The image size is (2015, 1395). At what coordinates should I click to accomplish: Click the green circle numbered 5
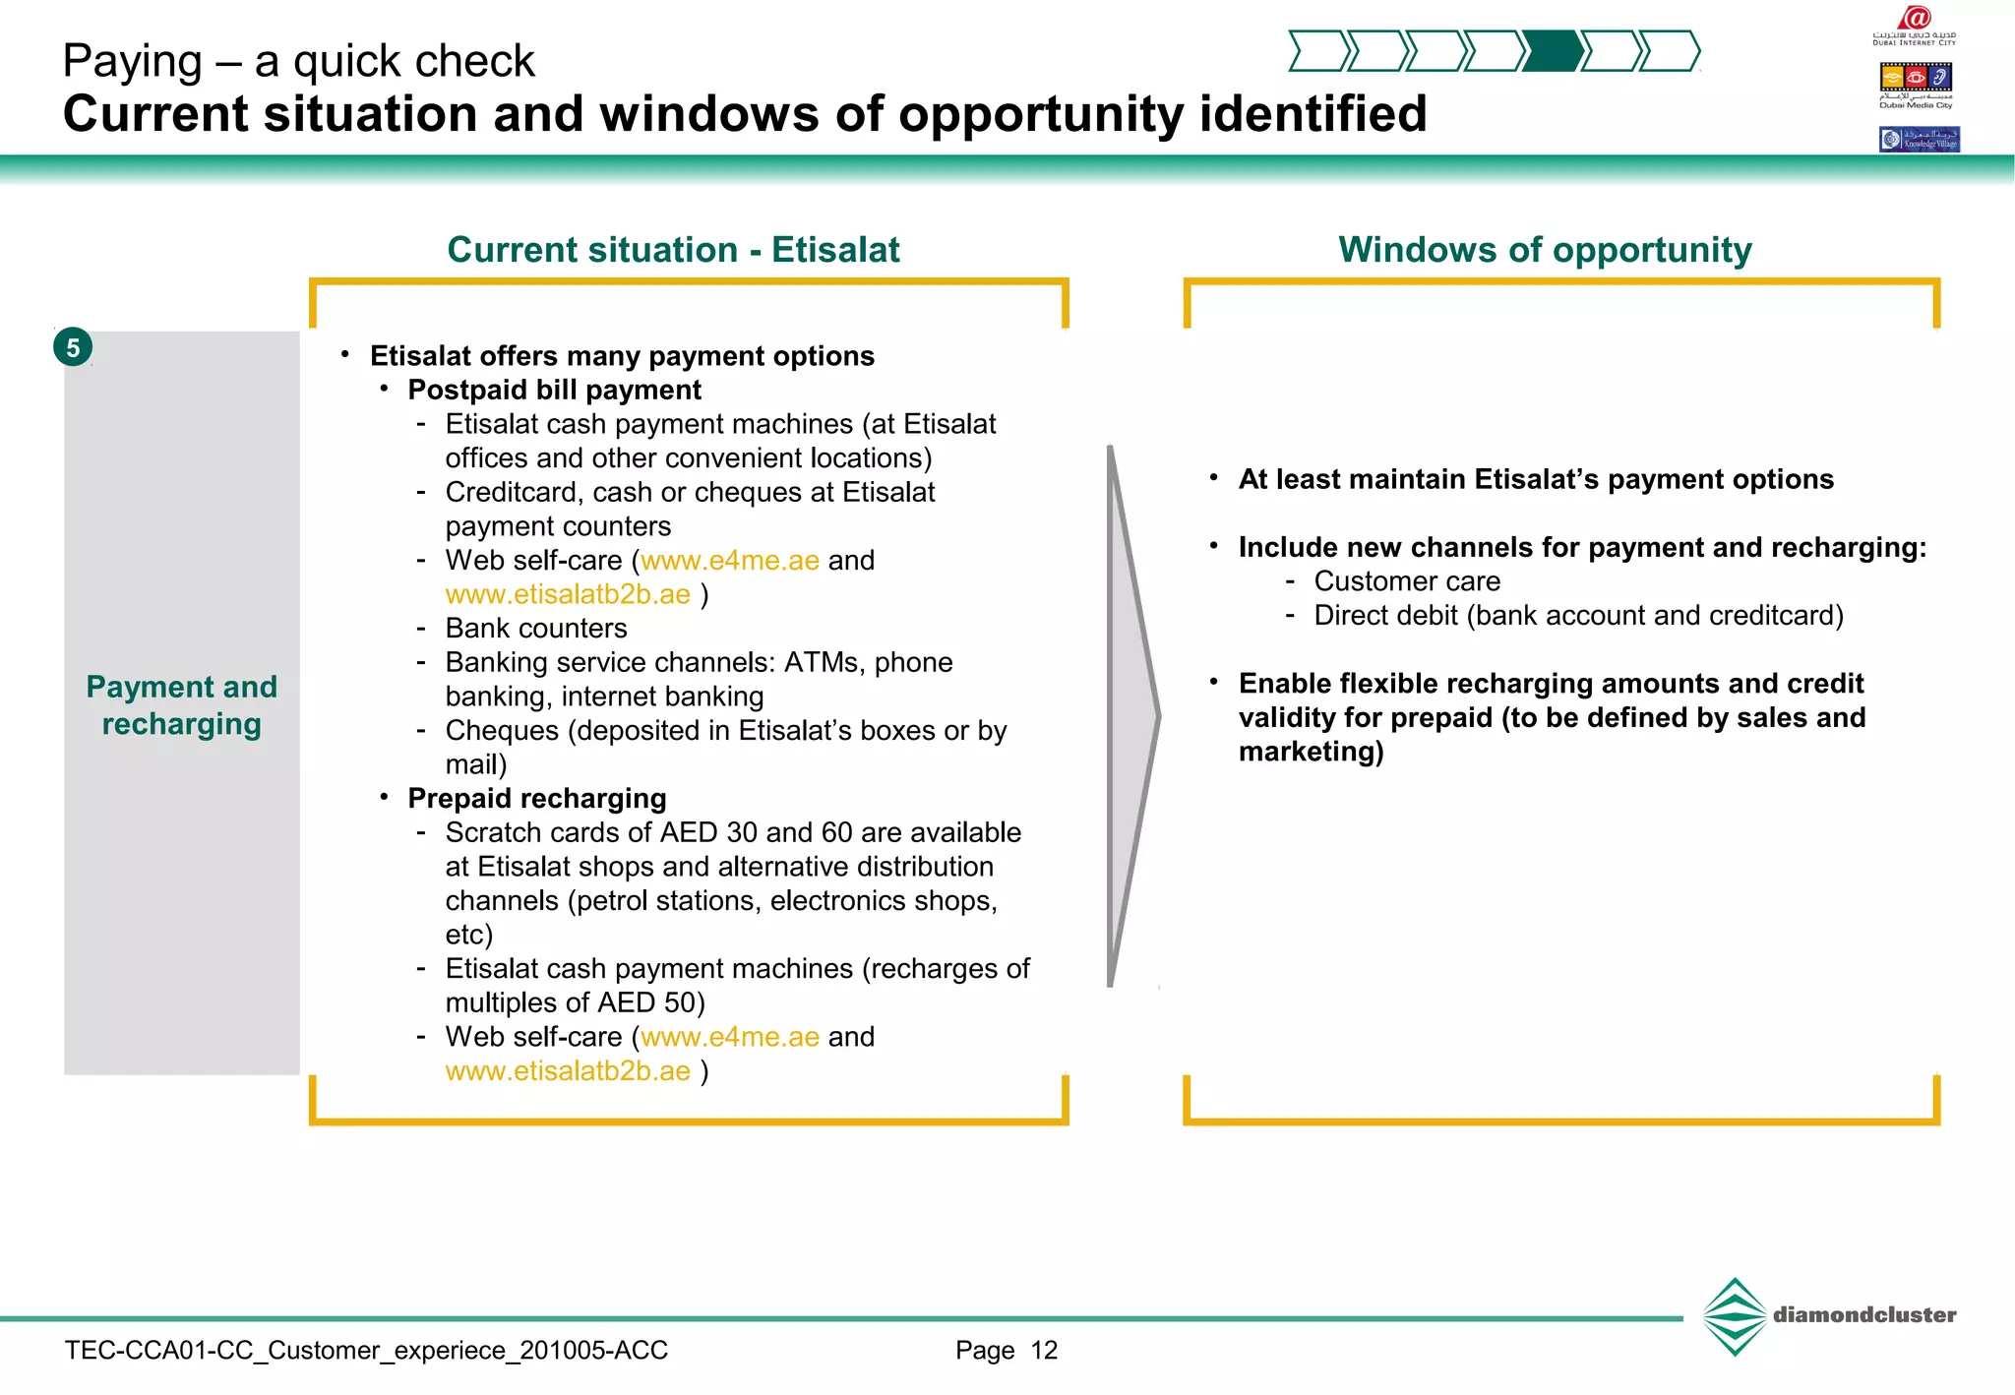pyautogui.click(x=73, y=347)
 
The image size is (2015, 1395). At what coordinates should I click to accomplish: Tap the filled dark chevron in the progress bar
pyautogui.click(x=1553, y=51)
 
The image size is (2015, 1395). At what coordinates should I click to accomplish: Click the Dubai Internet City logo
pyautogui.click(x=1915, y=25)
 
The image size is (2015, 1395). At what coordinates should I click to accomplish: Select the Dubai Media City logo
pyautogui.click(x=1916, y=83)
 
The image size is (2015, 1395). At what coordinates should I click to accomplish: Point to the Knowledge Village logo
pyautogui.click(x=1919, y=139)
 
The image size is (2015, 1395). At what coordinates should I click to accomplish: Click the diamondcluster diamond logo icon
pyautogui.click(x=1735, y=1316)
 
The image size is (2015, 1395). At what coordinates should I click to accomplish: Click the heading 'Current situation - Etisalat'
pyautogui.click(x=673, y=250)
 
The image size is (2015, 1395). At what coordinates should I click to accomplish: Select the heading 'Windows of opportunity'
pyautogui.click(x=1545, y=250)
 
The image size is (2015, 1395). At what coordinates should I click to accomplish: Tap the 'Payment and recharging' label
pyautogui.click(x=182, y=704)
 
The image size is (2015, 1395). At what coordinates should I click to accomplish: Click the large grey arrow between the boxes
pyautogui.click(x=1131, y=716)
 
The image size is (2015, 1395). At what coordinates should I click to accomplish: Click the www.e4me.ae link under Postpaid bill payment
pyautogui.click(x=730, y=561)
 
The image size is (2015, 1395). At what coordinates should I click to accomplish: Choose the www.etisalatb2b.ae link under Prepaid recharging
pyautogui.click(x=568, y=1071)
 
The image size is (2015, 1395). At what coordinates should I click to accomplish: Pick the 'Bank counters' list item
pyautogui.click(x=535, y=629)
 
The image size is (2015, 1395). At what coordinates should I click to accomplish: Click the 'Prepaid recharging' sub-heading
pyautogui.click(x=537, y=799)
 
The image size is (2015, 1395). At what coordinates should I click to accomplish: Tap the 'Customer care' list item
pyautogui.click(x=1407, y=581)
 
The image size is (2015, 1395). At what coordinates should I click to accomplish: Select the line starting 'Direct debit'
pyautogui.click(x=1578, y=616)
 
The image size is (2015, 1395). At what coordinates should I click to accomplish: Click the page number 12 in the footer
pyautogui.click(x=1044, y=1351)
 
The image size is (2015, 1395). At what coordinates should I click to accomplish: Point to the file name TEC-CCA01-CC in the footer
pyautogui.click(x=366, y=1351)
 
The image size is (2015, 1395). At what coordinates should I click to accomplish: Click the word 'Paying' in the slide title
pyautogui.click(x=132, y=61)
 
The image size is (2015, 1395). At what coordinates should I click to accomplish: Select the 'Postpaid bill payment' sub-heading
pyautogui.click(x=554, y=391)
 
